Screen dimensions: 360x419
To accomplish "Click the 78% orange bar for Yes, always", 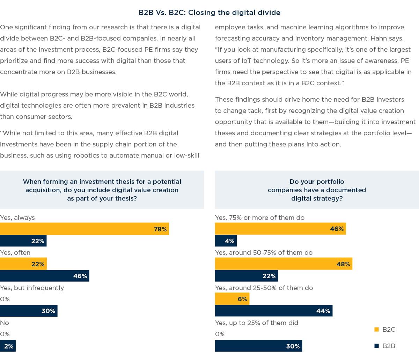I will coord(84,229).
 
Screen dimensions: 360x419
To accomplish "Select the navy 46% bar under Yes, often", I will coord(44,276).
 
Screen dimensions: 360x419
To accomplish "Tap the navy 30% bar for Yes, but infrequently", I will coord(29,311).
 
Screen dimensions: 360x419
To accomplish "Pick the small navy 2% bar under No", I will coord(8,346).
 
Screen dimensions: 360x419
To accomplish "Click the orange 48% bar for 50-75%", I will coord(284,264).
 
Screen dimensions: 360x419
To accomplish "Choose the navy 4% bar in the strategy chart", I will coord(226,241).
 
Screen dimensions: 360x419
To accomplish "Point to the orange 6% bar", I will coord(232,299).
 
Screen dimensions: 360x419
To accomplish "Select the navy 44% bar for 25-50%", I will coord(273,311).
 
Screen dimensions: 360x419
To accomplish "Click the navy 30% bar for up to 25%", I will coord(258,346).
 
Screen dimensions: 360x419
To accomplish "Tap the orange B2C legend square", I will coord(376,329).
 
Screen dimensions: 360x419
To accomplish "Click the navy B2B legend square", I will coord(376,346).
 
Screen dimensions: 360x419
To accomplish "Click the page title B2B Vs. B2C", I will coord(209,13).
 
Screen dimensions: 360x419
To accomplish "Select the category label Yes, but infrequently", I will coord(32,288).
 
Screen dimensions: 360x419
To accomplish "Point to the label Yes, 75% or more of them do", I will coord(259,217).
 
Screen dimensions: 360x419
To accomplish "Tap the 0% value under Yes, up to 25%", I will coord(220,334).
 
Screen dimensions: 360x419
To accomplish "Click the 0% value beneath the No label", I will coord(5,334).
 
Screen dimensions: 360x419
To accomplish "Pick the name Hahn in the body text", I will coord(369,38).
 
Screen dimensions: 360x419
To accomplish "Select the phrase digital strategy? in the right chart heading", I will coord(317,198).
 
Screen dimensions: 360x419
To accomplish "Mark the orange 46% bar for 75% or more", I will coord(280,229).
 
